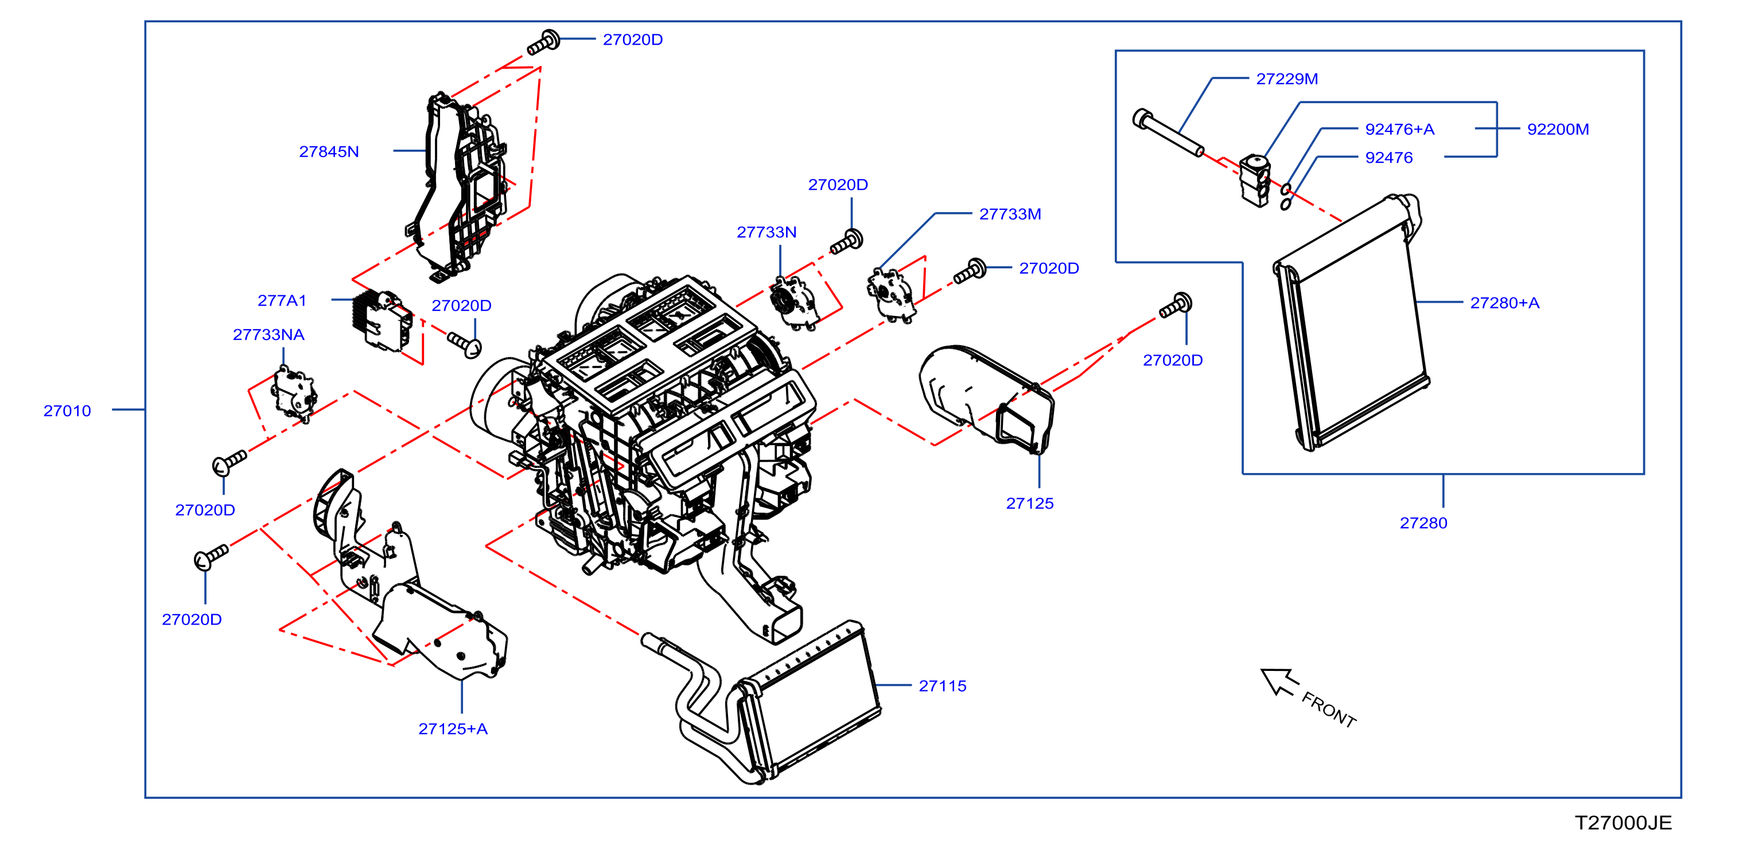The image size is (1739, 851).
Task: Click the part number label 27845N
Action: point(329,152)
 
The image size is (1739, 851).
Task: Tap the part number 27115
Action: point(943,686)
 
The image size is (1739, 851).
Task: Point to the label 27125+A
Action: point(453,729)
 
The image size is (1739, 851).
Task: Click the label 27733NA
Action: point(269,335)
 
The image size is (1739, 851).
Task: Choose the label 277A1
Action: point(282,300)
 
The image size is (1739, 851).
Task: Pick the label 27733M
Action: point(1010,214)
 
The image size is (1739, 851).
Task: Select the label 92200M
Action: point(1558,129)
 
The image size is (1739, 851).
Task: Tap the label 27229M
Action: point(1287,79)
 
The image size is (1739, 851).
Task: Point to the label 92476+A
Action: point(1399,129)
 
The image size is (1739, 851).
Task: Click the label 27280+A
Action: point(1505,303)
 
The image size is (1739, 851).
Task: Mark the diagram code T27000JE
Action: point(1623,823)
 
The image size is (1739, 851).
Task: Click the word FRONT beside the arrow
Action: point(1329,710)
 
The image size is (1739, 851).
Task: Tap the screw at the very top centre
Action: point(543,42)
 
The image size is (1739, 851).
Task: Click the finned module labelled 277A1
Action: point(382,321)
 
